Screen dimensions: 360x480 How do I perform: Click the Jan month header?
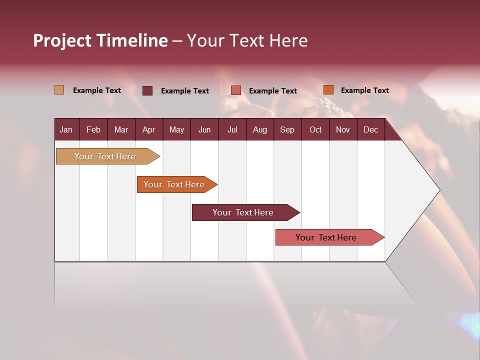tap(66, 130)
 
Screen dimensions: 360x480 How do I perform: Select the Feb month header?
tap(93, 130)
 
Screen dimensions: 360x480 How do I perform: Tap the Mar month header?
tap(121, 130)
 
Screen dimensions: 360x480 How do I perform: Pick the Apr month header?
tap(148, 130)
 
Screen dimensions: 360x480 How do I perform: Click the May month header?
tap(176, 130)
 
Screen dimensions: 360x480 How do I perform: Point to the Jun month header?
tap(204, 130)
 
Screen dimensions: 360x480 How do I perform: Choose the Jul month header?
tap(232, 130)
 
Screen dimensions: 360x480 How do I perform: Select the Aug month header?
tap(259, 130)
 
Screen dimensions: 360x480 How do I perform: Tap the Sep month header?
tap(287, 130)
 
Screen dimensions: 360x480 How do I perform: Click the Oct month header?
tap(315, 130)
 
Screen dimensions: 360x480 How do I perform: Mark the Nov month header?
tap(343, 130)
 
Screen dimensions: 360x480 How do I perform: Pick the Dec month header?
tap(370, 130)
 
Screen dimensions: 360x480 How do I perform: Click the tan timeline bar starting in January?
tap(105, 156)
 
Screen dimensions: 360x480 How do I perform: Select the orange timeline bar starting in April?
tap(174, 184)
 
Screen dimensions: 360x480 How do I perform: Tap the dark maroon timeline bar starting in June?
tap(243, 212)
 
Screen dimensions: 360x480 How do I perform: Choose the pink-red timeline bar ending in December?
tap(326, 237)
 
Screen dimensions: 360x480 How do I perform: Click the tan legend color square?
tap(59, 90)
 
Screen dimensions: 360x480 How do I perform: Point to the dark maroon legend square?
tap(147, 90)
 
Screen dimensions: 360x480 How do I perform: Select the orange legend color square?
tap(328, 90)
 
